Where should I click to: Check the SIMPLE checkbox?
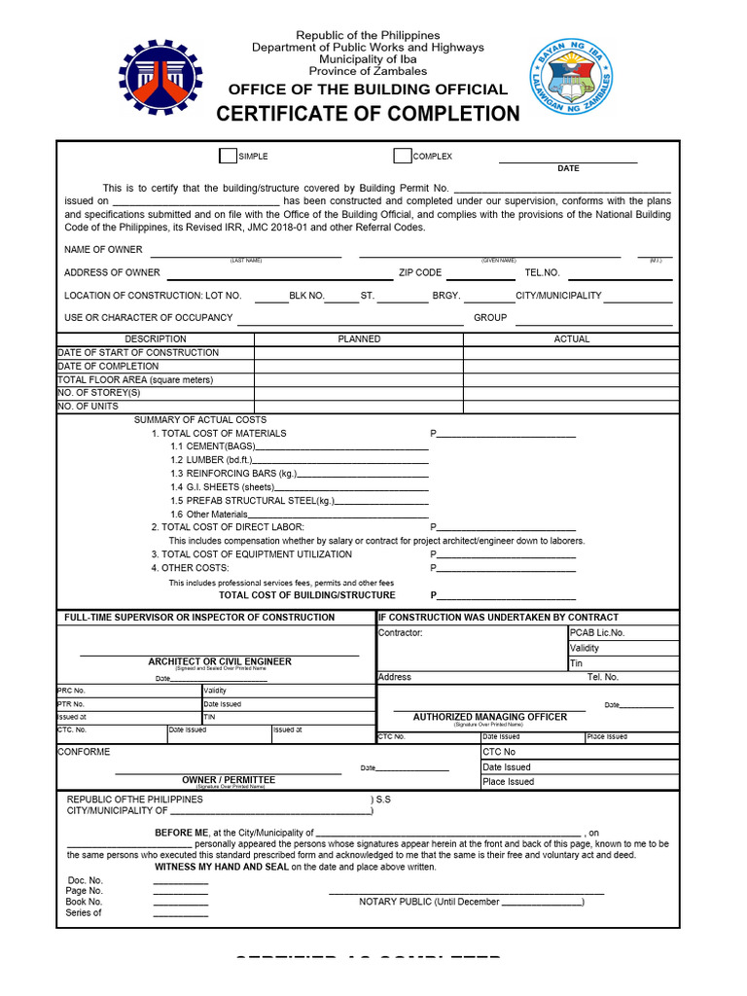[x=228, y=156]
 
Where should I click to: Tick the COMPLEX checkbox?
[x=402, y=156]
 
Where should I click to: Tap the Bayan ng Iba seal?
[x=572, y=77]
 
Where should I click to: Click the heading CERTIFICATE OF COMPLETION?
[x=368, y=114]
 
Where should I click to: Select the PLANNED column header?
[x=359, y=339]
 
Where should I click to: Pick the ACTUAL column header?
[x=572, y=339]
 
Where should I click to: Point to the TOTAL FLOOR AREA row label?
[x=135, y=379]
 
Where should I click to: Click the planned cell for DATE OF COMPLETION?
[x=359, y=367]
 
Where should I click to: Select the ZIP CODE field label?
[x=420, y=273]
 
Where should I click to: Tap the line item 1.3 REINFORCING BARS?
[x=234, y=474]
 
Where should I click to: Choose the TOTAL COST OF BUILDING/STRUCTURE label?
[x=307, y=595]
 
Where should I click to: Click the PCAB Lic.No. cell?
[x=597, y=633]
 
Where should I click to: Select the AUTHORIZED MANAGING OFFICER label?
[x=489, y=717]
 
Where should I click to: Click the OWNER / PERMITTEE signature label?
[x=229, y=780]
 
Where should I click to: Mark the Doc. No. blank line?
[x=180, y=881]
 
